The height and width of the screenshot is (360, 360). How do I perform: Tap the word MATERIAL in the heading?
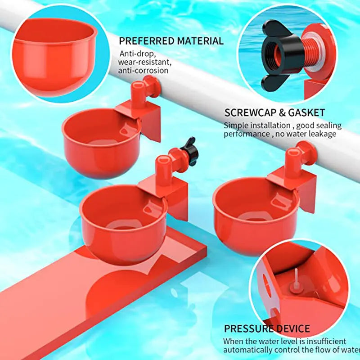pyautogui.click(x=200, y=41)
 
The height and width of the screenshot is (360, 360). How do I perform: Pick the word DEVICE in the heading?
pyautogui.click(x=293, y=328)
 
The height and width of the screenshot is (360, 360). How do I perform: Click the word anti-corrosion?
pyautogui.click(x=144, y=71)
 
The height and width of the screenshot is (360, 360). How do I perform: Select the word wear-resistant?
pyautogui.click(x=144, y=62)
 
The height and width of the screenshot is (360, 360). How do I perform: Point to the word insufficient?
pyautogui.click(x=324, y=342)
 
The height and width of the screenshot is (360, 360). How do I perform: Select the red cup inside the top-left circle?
pyautogui.click(x=54, y=54)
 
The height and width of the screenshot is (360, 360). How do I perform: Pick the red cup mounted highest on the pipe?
pyautogui.click(x=101, y=139)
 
